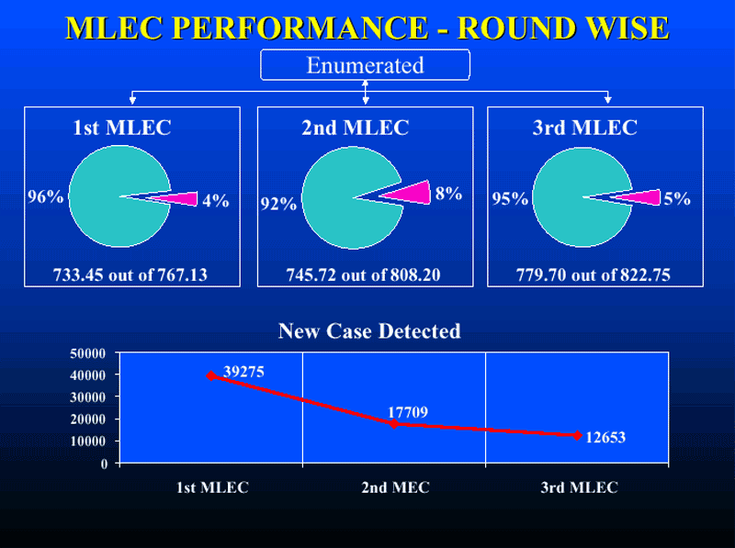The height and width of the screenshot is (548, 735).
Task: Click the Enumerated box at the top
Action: point(365,64)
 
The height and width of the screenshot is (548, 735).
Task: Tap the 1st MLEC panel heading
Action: point(122,128)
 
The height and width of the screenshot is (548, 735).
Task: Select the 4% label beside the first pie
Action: point(216,200)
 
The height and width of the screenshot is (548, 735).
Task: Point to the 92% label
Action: point(278,204)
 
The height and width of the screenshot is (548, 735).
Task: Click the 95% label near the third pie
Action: point(510,198)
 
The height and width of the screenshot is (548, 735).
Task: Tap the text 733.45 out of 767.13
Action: point(130,275)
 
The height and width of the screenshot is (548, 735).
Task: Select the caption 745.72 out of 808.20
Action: point(363,275)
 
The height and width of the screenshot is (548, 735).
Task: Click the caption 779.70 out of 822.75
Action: point(594,275)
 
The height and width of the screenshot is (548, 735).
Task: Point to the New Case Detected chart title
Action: point(369,331)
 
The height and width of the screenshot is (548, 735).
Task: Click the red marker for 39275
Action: point(211,375)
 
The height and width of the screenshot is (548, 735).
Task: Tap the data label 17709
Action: point(408,412)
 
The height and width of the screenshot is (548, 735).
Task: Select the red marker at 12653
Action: point(578,436)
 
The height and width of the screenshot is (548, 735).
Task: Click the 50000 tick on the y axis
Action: point(88,353)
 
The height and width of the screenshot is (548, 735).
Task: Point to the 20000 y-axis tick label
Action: point(88,419)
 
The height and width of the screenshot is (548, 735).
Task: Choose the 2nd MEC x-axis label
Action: point(395,487)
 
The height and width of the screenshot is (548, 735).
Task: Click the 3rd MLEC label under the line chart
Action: point(580,487)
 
